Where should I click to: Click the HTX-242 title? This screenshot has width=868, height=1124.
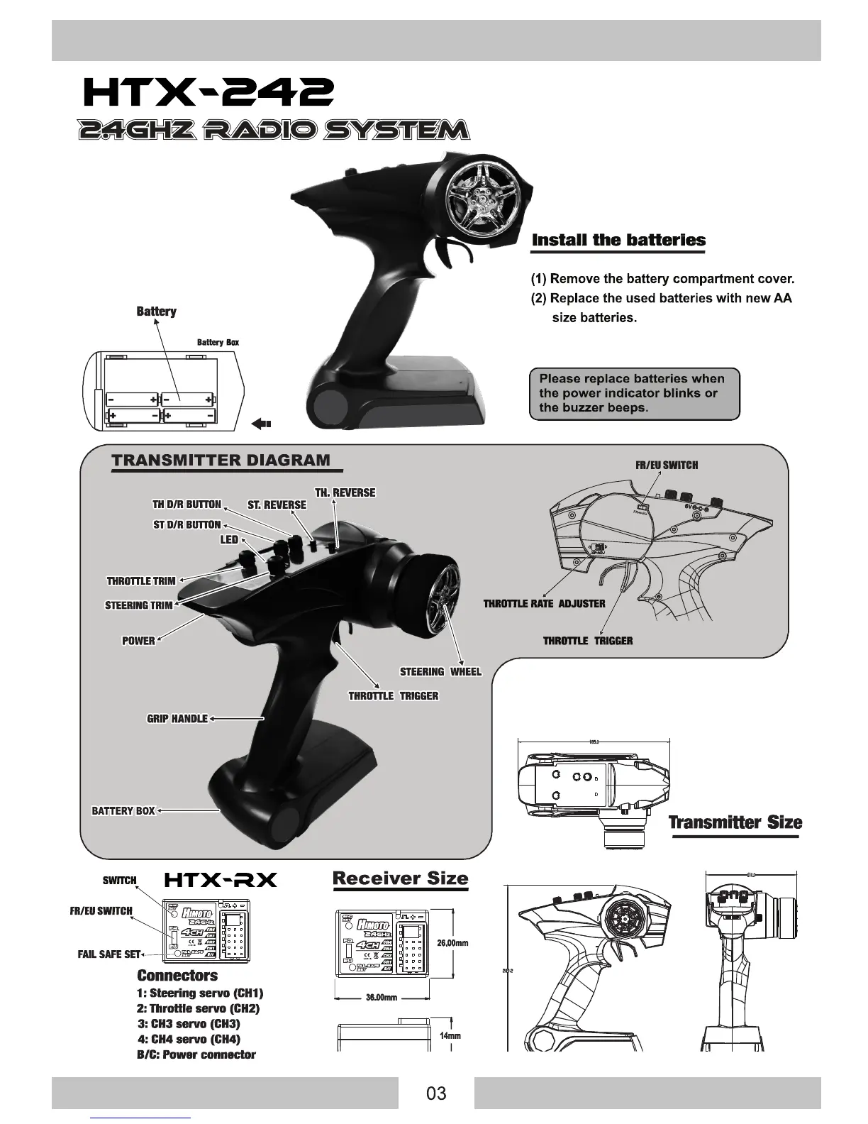click(x=207, y=92)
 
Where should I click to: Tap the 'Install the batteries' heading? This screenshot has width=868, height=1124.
click(x=618, y=240)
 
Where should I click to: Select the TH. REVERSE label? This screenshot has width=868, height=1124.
click(x=345, y=492)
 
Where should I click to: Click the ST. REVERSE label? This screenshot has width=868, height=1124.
click(x=277, y=505)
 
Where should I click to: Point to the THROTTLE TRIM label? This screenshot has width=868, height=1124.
click(x=140, y=581)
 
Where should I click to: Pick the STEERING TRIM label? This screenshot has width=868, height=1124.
click(x=138, y=605)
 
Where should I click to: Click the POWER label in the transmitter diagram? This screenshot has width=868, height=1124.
click(x=138, y=641)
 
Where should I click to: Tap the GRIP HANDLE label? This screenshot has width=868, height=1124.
click(x=177, y=719)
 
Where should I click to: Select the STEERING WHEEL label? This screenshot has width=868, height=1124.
click(x=440, y=672)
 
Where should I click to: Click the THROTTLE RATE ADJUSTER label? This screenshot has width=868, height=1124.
click(x=544, y=604)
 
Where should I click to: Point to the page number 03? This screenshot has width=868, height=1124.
click(x=436, y=1093)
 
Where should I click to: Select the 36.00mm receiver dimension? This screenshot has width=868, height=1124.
click(x=381, y=998)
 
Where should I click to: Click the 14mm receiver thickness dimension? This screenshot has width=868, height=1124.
click(x=450, y=1036)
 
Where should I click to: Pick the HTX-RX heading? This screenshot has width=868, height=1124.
click(x=220, y=881)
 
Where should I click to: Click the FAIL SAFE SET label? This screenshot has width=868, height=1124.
click(x=109, y=954)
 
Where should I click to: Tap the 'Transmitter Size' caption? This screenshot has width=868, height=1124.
click(x=735, y=822)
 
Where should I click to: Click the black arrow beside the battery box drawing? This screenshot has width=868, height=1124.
click(x=262, y=424)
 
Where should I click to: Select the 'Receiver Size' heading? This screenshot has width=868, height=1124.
click(x=400, y=878)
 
